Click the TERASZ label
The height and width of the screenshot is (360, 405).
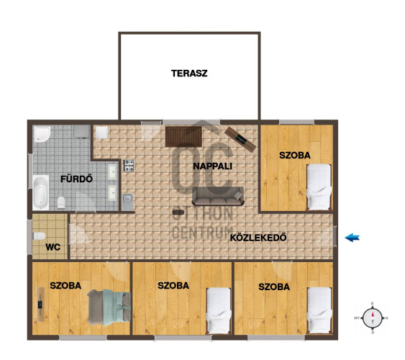pos(189,73)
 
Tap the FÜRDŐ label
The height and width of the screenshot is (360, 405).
pos(76,179)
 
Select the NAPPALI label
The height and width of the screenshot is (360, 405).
pos(213,166)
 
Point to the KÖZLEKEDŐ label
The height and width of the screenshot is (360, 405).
pos(258,238)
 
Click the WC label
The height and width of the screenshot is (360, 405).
pos(53,247)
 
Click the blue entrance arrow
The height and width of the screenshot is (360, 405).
pos(352,238)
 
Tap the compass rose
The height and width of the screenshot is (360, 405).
pos(372,318)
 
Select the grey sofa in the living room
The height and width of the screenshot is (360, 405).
pos(218,196)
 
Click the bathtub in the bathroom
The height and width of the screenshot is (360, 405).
pos(41,192)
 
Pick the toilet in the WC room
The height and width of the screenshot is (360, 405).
pos(40,236)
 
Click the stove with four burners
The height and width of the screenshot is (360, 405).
pos(129,166)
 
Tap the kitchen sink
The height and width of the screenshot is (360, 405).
pos(127,202)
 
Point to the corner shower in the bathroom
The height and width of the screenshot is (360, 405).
pos(42,135)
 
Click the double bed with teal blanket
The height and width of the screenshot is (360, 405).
pos(109,307)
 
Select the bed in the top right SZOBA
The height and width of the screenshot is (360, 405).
pos(319,187)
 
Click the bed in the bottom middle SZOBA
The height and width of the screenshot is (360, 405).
pos(219,310)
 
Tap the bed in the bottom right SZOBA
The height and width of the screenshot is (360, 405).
pos(319,310)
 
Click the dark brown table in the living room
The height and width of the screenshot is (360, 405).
pos(183,136)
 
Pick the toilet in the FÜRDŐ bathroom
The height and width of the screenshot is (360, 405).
pos(61,202)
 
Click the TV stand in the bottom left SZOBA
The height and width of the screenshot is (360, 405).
pos(40,305)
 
